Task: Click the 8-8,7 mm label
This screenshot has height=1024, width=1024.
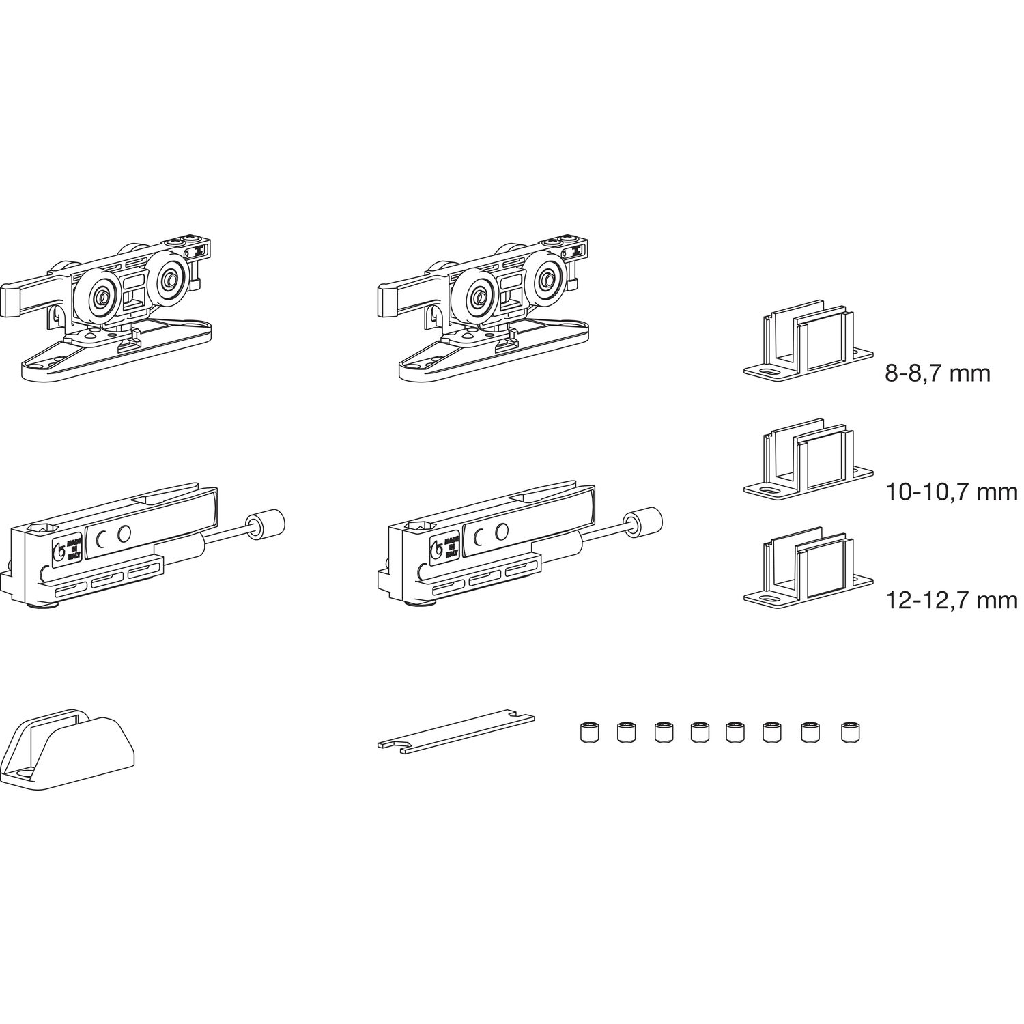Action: [x=937, y=374]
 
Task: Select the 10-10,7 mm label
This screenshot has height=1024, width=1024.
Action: [x=952, y=492]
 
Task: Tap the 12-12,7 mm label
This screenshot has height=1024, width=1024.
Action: [x=952, y=600]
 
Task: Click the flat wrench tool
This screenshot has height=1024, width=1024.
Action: [x=456, y=733]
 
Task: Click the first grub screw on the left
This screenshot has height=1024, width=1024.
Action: [x=589, y=733]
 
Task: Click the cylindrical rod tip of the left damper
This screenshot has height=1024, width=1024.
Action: [x=267, y=525]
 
